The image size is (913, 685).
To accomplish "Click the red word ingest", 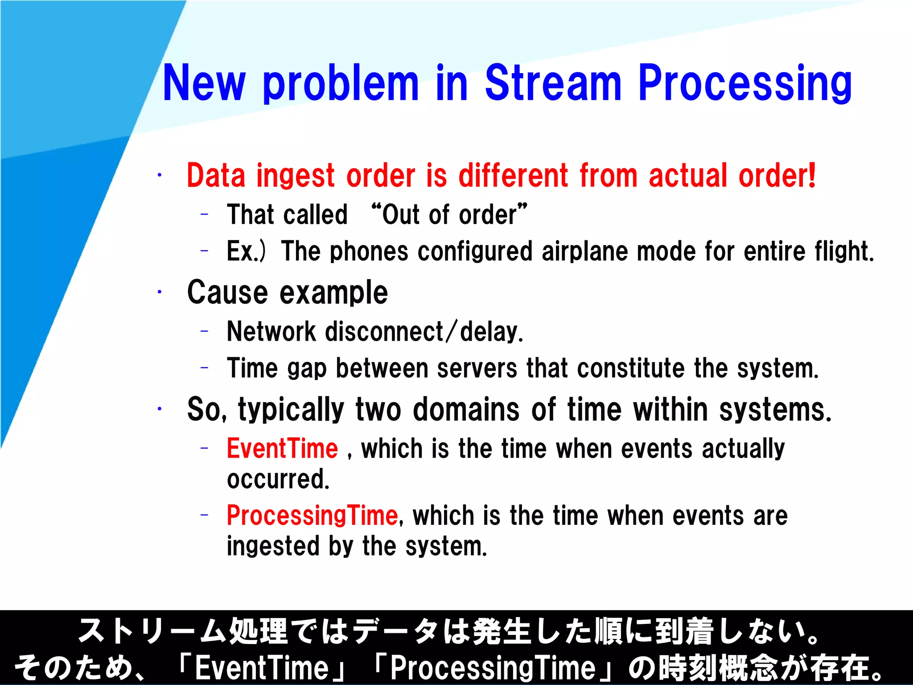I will (x=295, y=176).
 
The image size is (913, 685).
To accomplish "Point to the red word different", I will (x=513, y=175).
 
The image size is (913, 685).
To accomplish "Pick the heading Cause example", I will (x=288, y=293).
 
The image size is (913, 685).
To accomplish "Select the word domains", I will (x=466, y=409).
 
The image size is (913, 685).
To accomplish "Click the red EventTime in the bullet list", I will (x=282, y=449).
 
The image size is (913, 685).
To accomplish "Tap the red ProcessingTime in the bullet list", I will (x=312, y=516).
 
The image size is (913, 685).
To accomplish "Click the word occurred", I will (x=278, y=479).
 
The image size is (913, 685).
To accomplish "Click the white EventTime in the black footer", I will (x=262, y=668).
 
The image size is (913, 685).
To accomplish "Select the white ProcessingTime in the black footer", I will (x=493, y=668).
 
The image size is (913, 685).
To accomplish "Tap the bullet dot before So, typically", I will (x=159, y=409).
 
